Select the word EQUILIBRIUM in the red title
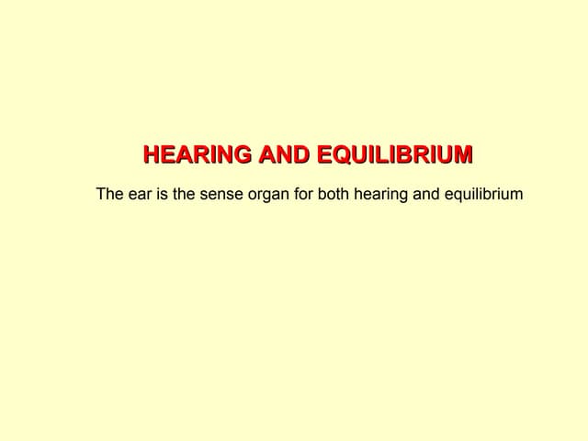point(395,155)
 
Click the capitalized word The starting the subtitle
point(110,195)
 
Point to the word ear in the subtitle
point(141,195)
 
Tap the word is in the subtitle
point(164,195)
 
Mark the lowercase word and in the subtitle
point(431,195)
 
